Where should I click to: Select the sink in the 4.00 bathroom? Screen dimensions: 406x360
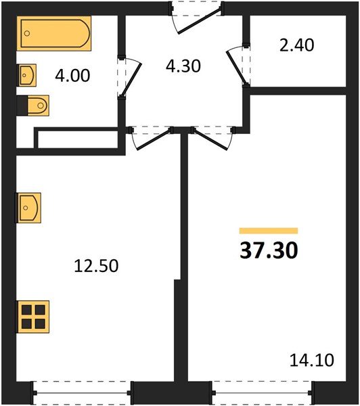[26, 74]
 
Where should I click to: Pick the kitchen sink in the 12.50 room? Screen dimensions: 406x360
[28, 207]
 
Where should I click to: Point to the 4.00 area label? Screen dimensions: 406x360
[72, 74]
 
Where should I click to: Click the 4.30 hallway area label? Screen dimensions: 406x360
[183, 68]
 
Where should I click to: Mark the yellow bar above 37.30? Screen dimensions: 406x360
[269, 231]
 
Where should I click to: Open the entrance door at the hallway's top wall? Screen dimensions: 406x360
[196, 17]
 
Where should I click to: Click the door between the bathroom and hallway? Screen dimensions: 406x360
[129, 78]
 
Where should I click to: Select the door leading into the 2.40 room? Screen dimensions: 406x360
[239, 64]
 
